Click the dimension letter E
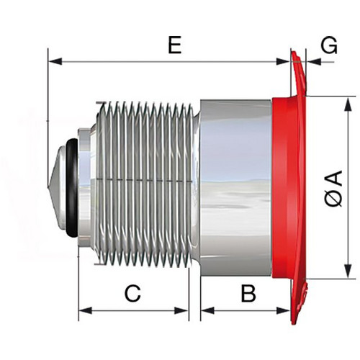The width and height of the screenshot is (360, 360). tap(174, 45)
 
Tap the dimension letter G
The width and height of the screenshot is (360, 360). tap(329, 45)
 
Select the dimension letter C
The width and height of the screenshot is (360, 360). tap(132, 293)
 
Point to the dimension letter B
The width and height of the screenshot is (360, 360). tap(249, 293)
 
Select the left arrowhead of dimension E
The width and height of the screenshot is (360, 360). tap(55, 61)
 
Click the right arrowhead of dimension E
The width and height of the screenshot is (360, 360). tap(283, 61)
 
